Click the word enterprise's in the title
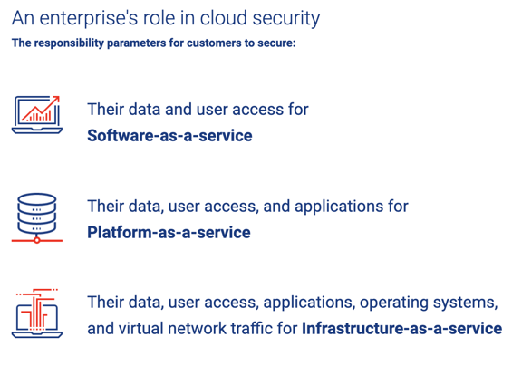point(89,19)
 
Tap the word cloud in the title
point(223,17)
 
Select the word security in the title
point(286,19)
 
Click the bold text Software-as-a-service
point(169,135)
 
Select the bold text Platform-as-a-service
point(169,232)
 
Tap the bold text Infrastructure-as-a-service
point(401,328)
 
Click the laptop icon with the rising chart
point(37,115)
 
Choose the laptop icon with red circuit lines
point(37,313)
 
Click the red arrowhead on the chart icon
point(56,99)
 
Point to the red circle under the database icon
point(37,240)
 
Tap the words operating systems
point(429,303)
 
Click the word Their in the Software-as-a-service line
point(105,109)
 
